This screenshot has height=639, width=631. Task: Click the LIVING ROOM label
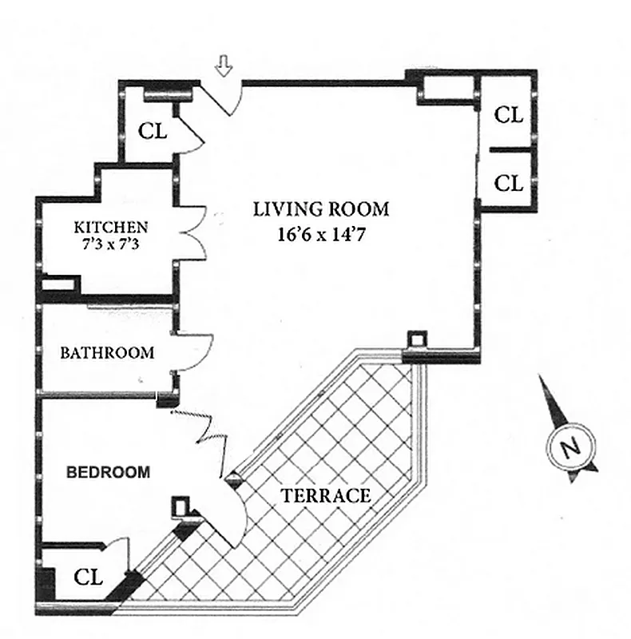click(321, 210)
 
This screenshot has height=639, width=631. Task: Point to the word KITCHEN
click(110, 226)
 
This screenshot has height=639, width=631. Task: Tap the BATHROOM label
click(107, 352)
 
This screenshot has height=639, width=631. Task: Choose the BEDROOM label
click(108, 472)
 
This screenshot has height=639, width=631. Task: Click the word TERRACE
click(326, 495)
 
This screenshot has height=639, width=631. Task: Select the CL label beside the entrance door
click(153, 130)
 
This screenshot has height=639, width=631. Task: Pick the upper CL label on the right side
click(509, 115)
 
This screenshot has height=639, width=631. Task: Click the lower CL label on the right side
click(509, 183)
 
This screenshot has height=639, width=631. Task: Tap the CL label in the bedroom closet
click(89, 577)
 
